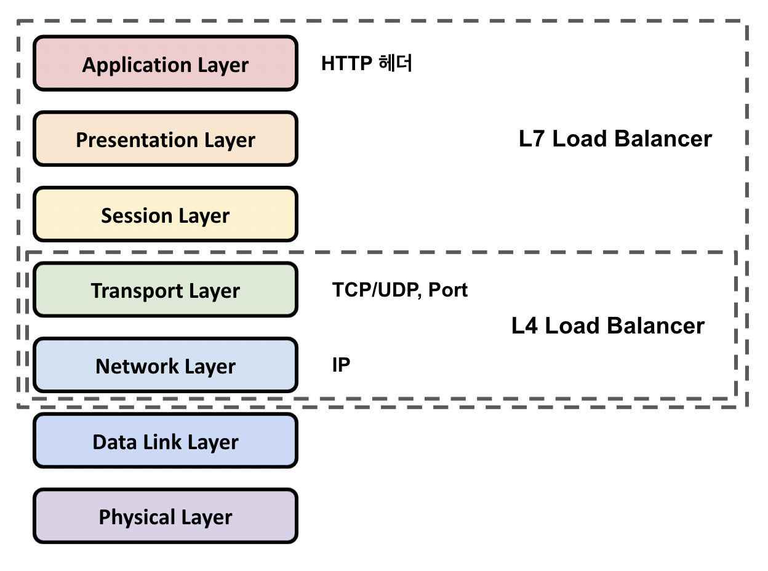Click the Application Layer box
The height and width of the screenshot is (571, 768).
tap(165, 64)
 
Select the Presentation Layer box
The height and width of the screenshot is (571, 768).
tap(165, 140)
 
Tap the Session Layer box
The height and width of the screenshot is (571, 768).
tap(165, 215)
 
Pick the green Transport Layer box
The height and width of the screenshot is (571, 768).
tap(165, 290)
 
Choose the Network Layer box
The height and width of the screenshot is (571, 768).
tap(165, 366)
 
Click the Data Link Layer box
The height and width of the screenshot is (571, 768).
tap(165, 441)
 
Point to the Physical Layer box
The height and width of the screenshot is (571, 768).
tap(165, 517)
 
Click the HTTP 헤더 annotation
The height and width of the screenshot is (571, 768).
tap(366, 63)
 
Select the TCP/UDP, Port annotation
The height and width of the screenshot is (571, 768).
tap(400, 290)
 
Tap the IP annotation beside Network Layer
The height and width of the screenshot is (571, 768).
tap(341, 365)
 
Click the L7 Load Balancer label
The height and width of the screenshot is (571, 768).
tap(615, 139)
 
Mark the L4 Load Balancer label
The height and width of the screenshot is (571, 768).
tap(607, 325)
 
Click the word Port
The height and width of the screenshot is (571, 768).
tap(448, 290)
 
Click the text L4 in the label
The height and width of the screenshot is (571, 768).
tap(525, 325)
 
